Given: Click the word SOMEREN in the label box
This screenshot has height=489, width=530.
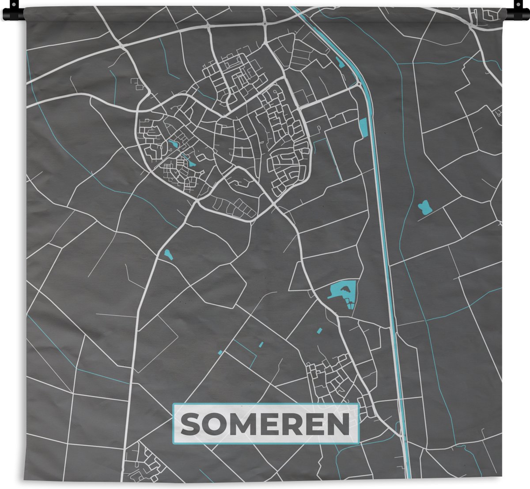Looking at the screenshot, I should coord(265,424).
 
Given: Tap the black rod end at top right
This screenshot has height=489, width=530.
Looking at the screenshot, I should coord(519,13).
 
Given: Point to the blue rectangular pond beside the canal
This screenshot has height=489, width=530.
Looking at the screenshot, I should coord(363,128).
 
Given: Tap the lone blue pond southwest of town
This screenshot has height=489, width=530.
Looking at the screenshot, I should coord(168,254).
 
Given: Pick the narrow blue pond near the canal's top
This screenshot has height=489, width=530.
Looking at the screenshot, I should coord(340,62).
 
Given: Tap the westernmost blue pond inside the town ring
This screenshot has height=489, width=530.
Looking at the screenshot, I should coord(173,144).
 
